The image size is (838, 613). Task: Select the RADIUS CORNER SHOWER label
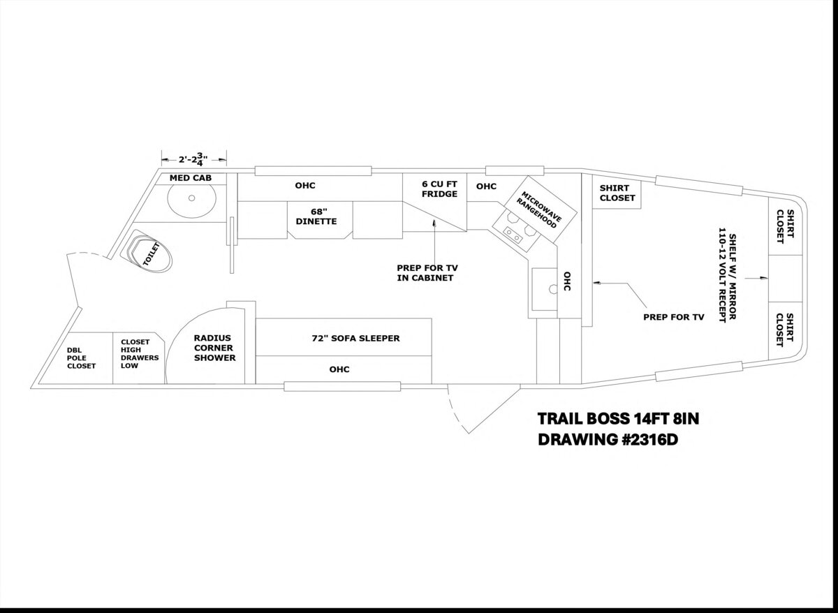pyautogui.click(x=214, y=347)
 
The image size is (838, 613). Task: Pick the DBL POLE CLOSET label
pyautogui.click(x=81, y=358)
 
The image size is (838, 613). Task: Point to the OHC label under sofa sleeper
pyautogui.click(x=339, y=369)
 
